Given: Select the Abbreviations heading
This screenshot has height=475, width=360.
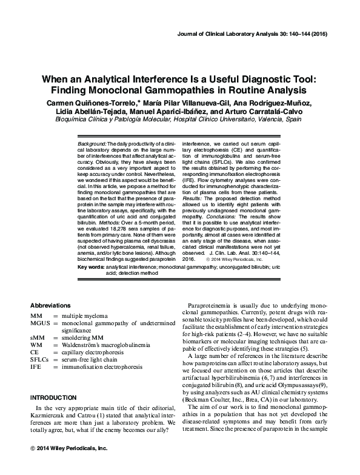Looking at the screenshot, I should click(50, 305).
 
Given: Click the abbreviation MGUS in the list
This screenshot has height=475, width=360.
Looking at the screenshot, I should click(42, 324).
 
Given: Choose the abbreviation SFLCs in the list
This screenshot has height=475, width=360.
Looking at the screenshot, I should click(41, 359).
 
